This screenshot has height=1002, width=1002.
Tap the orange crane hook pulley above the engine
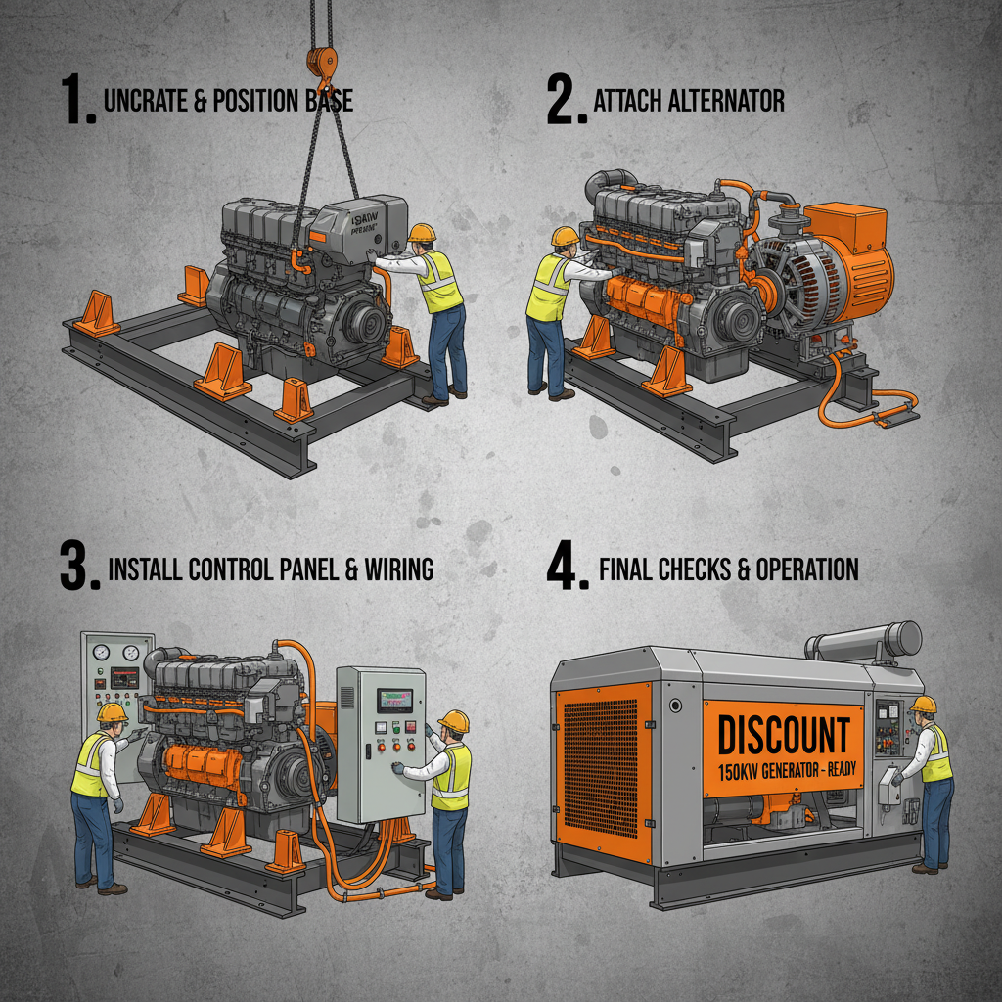pos(319,61)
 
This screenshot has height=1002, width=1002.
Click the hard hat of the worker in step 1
pos(422,233)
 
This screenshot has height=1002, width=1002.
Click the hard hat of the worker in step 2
pos(565,236)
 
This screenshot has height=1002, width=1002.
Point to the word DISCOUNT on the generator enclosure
pos(784,735)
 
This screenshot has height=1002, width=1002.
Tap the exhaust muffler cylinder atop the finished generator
pos(865,642)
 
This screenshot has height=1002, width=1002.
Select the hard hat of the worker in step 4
pos(923,704)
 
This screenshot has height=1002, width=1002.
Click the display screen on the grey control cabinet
pos(394,700)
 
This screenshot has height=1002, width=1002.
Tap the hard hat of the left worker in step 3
pos(113,712)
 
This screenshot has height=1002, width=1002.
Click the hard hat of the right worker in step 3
pos(454,721)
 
